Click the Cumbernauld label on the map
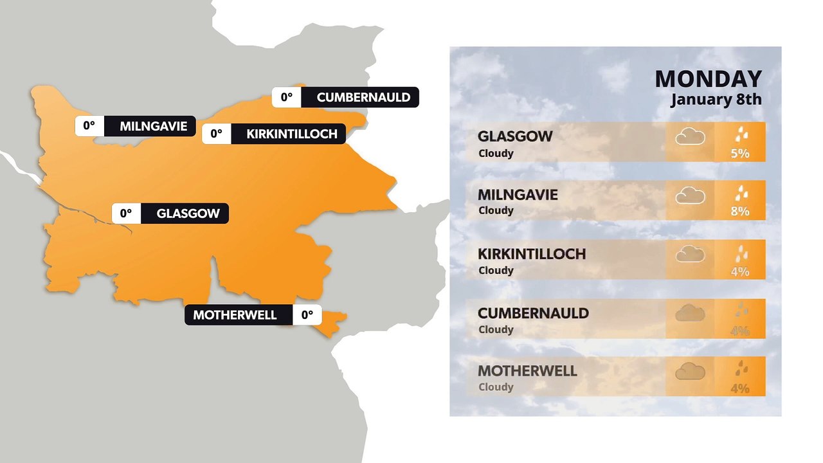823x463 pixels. (363, 97)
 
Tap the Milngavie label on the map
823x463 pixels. (153, 126)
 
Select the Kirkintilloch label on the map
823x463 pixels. (292, 134)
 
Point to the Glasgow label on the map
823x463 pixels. (188, 213)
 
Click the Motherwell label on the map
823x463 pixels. (235, 315)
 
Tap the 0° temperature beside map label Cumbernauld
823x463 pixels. (286, 97)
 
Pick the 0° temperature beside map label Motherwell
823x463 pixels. (307, 315)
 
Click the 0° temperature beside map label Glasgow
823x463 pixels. (125, 213)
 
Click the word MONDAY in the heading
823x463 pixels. (708, 79)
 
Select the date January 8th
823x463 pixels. (716, 100)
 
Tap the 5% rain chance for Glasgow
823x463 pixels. (740, 154)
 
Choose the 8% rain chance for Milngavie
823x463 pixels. (740, 211)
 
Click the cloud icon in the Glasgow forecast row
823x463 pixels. (690, 136)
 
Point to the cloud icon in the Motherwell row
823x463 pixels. (690, 371)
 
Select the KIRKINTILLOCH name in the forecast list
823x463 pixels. (532, 254)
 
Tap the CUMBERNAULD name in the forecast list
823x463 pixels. (533, 313)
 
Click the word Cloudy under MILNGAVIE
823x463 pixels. (496, 210)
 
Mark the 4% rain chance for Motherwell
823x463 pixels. (740, 388)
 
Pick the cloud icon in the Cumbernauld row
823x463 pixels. (690, 313)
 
